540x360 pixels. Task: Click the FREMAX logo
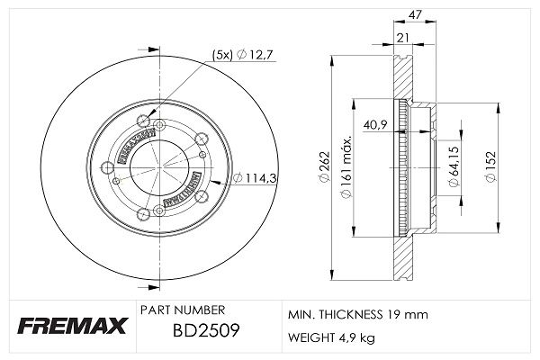(72, 326)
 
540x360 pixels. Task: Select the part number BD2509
(206, 330)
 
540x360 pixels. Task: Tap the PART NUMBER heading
(183, 310)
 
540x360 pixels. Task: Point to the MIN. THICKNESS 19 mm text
(358, 314)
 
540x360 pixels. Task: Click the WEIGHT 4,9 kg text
(331, 337)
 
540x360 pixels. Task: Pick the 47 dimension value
(415, 14)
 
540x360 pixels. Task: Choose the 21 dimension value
(402, 38)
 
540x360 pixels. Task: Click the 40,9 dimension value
(375, 125)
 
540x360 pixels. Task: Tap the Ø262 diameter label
(325, 167)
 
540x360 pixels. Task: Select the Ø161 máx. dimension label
(346, 167)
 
